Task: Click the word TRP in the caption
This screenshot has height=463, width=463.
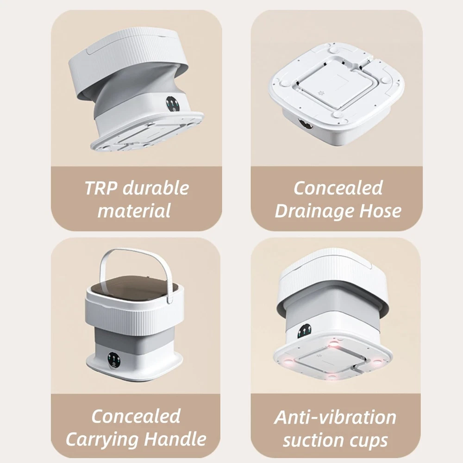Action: (x=101, y=188)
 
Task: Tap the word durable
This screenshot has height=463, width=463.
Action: (x=156, y=188)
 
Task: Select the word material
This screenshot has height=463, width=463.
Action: (x=134, y=211)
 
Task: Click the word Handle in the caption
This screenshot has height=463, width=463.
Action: (x=175, y=438)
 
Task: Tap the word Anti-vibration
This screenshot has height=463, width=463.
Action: (x=335, y=417)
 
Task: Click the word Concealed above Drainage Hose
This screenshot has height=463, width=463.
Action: (x=338, y=188)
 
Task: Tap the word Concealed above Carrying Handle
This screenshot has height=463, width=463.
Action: (x=136, y=416)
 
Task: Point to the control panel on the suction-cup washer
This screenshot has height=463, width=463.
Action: (x=304, y=332)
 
